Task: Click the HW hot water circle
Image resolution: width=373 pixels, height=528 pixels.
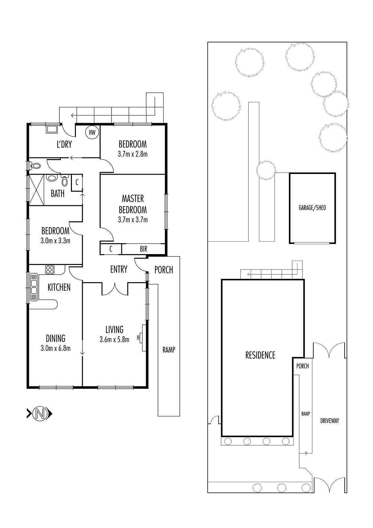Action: [92, 132]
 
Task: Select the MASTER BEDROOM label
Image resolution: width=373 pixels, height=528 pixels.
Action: [133, 204]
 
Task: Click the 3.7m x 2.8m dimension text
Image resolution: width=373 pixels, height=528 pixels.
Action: [133, 154]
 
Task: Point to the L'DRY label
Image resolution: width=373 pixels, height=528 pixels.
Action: [64, 144]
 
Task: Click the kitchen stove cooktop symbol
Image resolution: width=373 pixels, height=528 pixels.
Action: [50, 270]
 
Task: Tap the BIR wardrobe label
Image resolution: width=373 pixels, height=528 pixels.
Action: [143, 249]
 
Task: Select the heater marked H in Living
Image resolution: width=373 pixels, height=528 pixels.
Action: [143, 338]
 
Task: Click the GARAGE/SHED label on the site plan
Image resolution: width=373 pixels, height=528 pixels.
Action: [312, 208]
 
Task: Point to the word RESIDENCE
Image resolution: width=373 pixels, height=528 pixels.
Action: [260, 355]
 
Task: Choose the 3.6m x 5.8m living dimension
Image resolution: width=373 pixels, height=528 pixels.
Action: [114, 340]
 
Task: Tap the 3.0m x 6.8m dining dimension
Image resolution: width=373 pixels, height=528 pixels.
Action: [56, 348]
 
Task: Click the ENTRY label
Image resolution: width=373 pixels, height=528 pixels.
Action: [119, 269]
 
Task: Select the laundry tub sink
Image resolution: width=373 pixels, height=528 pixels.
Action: [52, 129]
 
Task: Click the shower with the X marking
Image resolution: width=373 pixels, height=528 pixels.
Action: [37, 190]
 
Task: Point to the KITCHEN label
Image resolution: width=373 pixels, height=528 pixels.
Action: [59, 287]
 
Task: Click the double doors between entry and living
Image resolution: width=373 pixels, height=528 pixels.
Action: [115, 289]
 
